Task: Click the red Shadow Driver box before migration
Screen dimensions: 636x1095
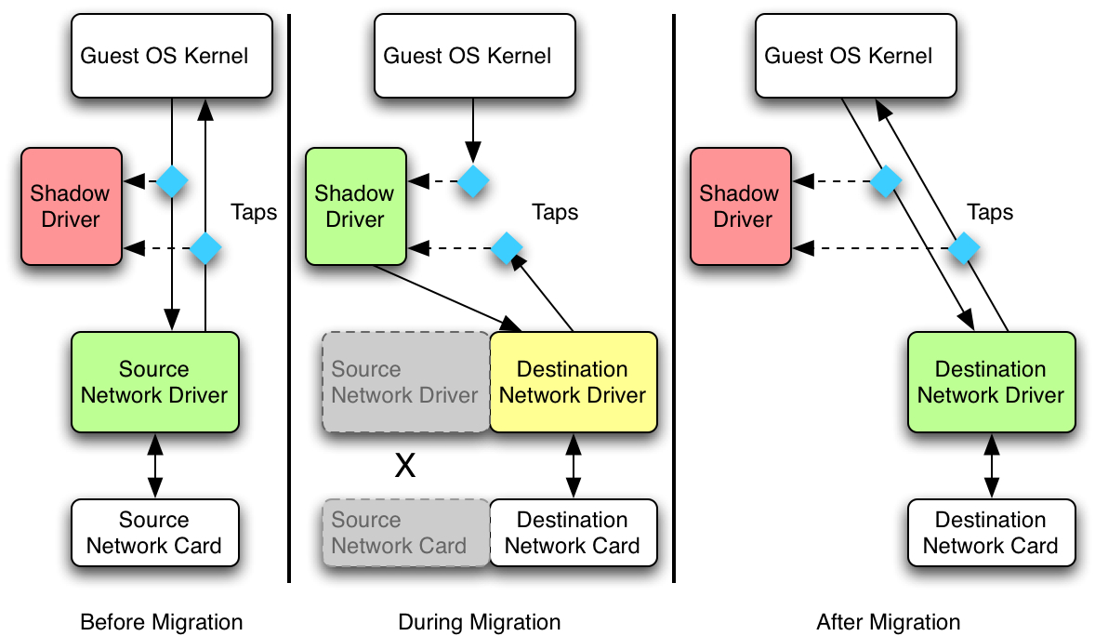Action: pyautogui.click(x=72, y=206)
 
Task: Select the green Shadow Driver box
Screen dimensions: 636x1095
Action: pyautogui.click(x=356, y=206)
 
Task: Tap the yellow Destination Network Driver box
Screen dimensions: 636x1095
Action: pyautogui.click(x=573, y=382)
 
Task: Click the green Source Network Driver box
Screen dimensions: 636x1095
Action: pyautogui.click(x=155, y=382)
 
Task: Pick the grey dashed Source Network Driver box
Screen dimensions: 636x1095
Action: pyautogui.click(x=405, y=382)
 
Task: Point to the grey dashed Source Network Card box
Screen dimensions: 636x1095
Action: pyautogui.click(x=405, y=533)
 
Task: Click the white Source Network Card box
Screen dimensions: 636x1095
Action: pyautogui.click(x=155, y=533)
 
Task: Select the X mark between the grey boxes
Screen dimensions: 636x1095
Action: pyautogui.click(x=405, y=466)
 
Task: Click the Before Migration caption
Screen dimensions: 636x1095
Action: pyautogui.click(x=162, y=622)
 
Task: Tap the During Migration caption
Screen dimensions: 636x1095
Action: pyautogui.click(x=480, y=622)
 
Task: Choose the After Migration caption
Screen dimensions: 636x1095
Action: pyautogui.click(x=889, y=622)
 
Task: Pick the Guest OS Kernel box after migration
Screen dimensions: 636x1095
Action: pyautogui.click(x=849, y=56)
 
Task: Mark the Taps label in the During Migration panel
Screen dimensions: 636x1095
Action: pyautogui.click(x=556, y=212)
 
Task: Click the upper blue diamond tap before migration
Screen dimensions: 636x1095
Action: pyautogui.click(x=172, y=180)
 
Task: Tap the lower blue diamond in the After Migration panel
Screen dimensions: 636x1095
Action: pyautogui.click(x=964, y=248)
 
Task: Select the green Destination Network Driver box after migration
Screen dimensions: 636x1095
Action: pyautogui.click(x=991, y=382)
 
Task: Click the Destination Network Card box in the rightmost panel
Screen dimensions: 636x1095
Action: pyautogui.click(x=991, y=533)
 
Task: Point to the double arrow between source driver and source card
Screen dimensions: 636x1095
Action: pyautogui.click(x=155, y=466)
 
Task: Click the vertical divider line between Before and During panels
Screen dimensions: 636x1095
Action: pyautogui.click(x=289, y=298)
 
